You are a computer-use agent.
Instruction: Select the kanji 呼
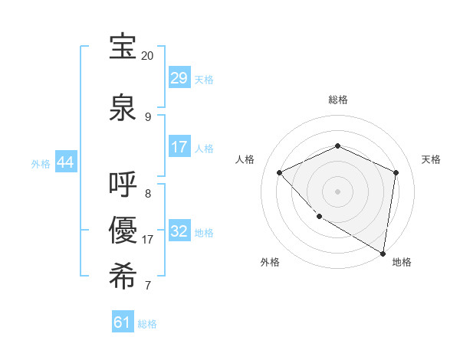pos(123,185)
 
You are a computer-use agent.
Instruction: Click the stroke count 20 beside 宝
pos(148,56)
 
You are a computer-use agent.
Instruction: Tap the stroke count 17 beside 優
pos(148,240)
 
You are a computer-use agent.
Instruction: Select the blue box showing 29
pos(179,78)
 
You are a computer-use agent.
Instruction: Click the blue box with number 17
pos(179,147)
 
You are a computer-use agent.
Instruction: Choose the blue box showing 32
pos(179,231)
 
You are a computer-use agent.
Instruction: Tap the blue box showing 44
pos(65,163)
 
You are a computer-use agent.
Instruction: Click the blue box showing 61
pos(122,322)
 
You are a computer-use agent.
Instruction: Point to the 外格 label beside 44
pos(41,164)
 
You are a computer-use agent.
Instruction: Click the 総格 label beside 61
pos(147,324)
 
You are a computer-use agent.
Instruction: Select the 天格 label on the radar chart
pos(432,159)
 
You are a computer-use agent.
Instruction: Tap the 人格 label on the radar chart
pos(245,159)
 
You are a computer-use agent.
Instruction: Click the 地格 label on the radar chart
pos(402,262)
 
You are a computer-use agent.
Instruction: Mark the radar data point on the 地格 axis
pos(383,253)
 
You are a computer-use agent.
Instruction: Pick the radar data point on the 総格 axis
pos(337,146)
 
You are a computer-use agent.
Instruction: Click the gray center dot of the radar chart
pos(337,191)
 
